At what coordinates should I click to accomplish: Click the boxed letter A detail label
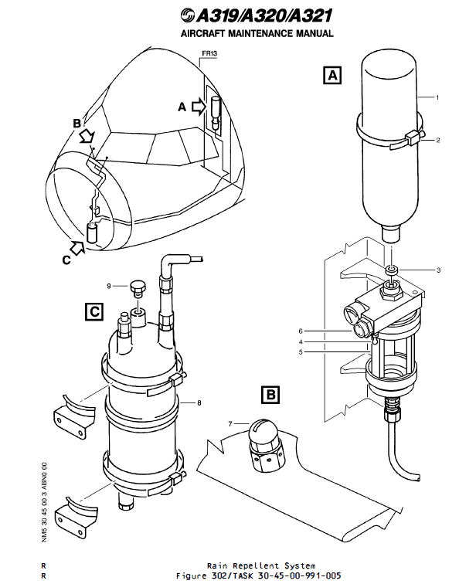click(332, 75)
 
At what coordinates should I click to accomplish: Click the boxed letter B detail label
click(270, 395)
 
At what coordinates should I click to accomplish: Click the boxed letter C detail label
click(94, 311)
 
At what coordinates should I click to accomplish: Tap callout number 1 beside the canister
click(437, 97)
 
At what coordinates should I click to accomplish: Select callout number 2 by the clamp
click(438, 140)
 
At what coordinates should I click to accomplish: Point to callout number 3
click(438, 270)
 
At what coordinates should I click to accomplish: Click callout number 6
click(301, 331)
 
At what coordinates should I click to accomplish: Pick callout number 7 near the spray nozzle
click(230, 424)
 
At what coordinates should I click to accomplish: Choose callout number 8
click(199, 402)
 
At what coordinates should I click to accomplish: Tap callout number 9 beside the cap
click(109, 286)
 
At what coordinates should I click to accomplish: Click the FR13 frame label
click(209, 53)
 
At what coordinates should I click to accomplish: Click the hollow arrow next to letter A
click(199, 107)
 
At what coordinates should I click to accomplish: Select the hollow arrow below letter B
click(87, 136)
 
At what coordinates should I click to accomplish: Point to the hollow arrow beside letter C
click(77, 248)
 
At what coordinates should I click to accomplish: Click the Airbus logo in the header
click(188, 15)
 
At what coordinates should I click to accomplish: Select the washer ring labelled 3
click(391, 270)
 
